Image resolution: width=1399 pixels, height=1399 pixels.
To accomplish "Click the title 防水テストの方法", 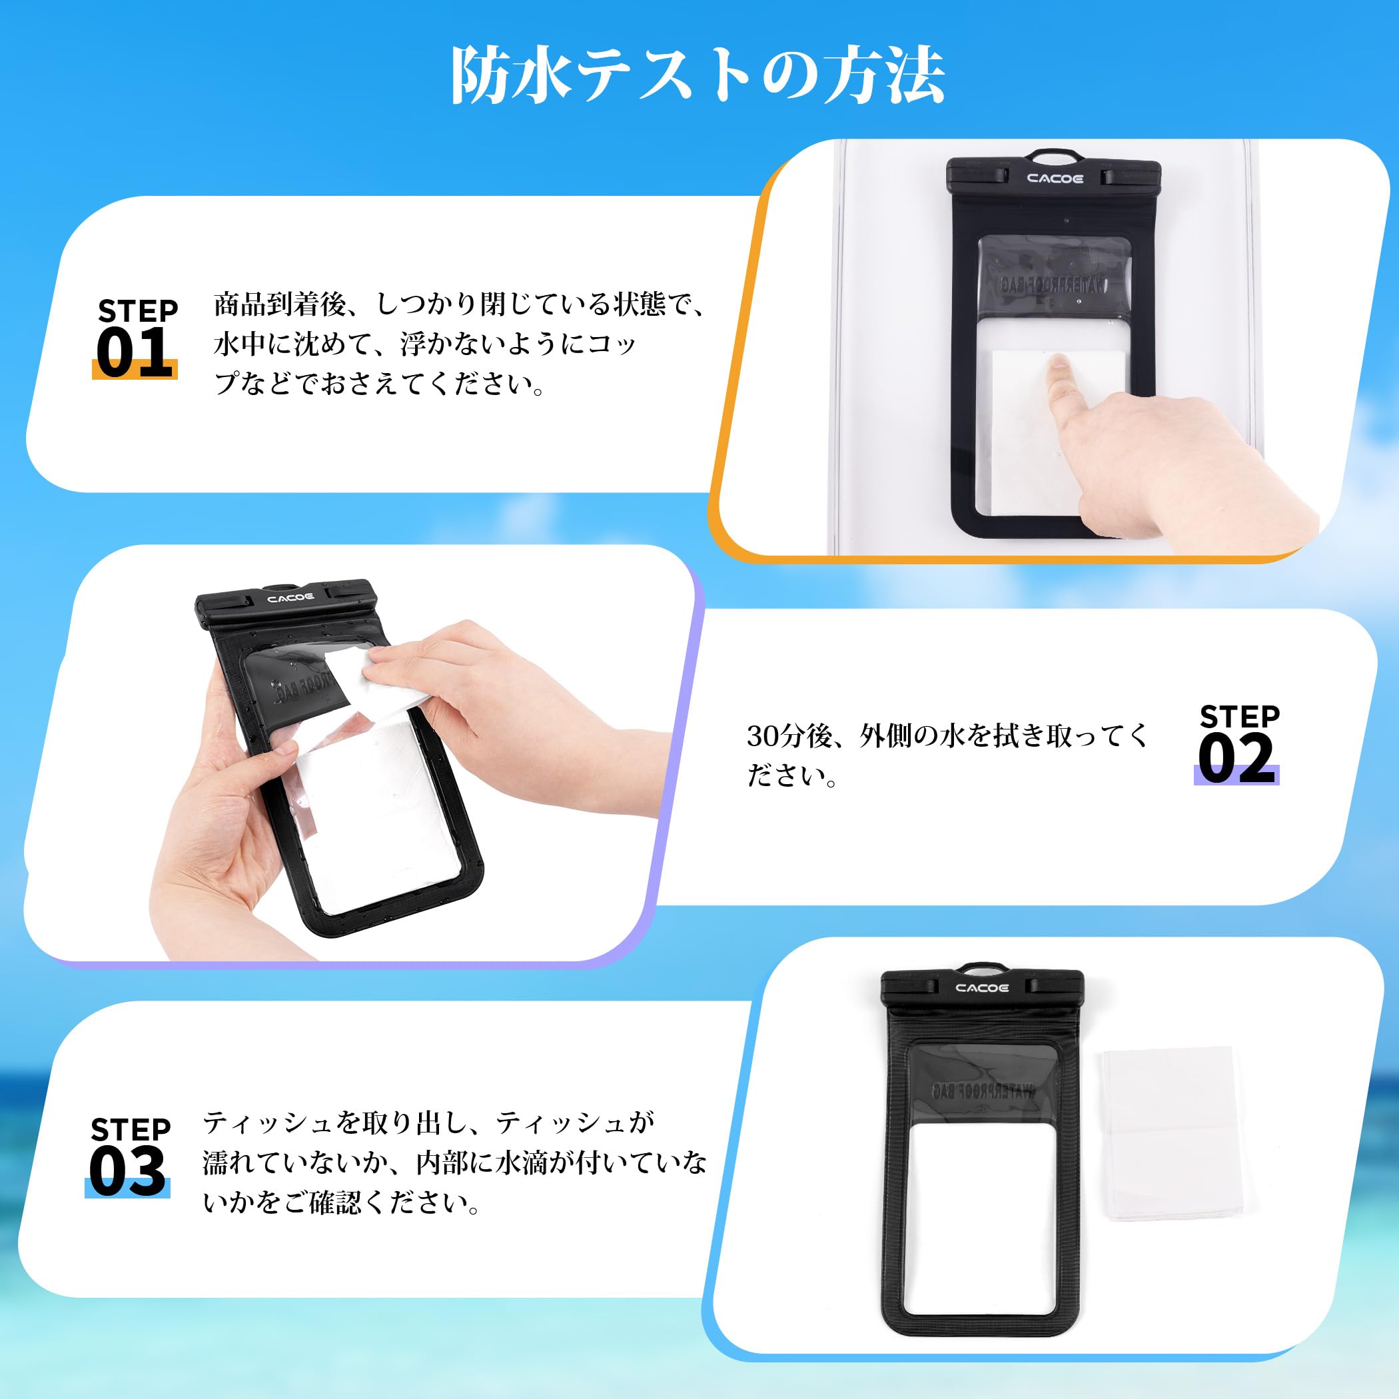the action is pyautogui.click(x=698, y=77).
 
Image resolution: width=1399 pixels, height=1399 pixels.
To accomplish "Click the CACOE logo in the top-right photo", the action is pyautogui.click(x=1055, y=178).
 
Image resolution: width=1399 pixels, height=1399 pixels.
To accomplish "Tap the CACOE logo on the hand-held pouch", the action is pyautogui.click(x=290, y=598).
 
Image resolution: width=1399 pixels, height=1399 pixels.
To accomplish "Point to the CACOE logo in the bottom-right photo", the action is pyautogui.click(x=982, y=988).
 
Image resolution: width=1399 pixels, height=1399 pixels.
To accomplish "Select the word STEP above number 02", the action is pyautogui.click(x=1240, y=717).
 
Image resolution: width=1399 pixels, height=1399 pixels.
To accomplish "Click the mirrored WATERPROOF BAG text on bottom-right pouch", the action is pyautogui.click(x=983, y=1091).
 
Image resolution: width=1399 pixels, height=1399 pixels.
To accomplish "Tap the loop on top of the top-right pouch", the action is pyautogui.click(x=1055, y=157).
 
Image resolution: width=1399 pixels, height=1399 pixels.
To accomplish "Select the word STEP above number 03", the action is pyautogui.click(x=131, y=1130).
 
